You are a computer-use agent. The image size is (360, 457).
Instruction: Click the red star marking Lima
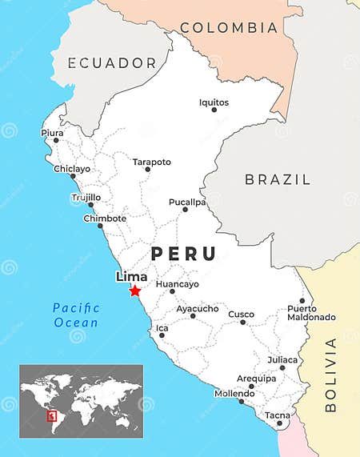click(134, 291)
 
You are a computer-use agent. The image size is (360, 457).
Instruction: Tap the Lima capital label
click(131, 277)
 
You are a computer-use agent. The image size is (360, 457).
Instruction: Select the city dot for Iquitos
click(214, 110)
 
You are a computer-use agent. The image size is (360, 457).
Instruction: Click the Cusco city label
click(241, 315)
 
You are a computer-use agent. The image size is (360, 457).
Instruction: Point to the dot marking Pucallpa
click(185, 210)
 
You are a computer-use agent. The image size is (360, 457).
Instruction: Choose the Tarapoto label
click(151, 162)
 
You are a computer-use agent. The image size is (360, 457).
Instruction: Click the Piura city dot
click(55, 140)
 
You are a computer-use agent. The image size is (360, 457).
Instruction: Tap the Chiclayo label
click(72, 169)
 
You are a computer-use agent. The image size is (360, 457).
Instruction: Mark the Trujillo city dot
click(90, 205)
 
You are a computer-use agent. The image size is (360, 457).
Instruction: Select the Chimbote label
click(104, 218)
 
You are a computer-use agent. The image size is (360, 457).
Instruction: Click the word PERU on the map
click(183, 254)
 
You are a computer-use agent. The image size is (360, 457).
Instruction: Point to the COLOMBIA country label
click(229, 28)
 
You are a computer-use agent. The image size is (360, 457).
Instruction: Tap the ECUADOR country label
click(111, 62)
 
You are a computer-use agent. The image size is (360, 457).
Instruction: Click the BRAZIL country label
click(278, 179)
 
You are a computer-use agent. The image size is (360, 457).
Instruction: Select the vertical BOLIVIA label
click(331, 375)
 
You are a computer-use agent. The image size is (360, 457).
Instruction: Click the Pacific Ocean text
click(76, 315)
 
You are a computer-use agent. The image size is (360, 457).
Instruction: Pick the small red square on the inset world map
click(52, 416)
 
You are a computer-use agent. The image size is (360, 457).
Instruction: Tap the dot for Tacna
click(279, 423)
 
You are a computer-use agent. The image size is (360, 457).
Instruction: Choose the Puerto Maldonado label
click(311, 313)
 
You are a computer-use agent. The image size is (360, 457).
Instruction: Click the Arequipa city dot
click(251, 387)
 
